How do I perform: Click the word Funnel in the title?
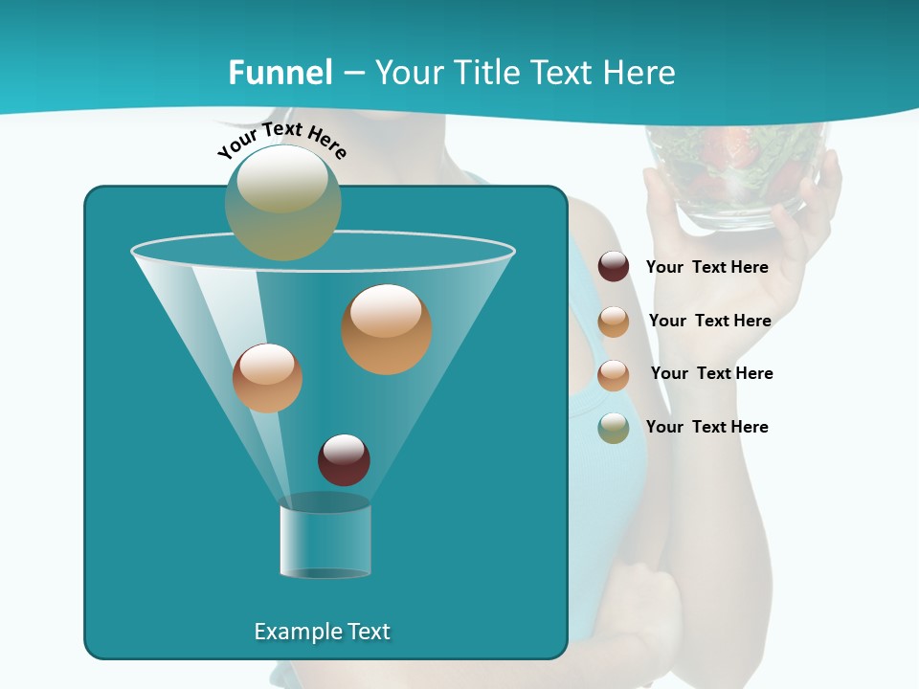click(280, 73)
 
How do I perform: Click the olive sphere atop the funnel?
click(283, 202)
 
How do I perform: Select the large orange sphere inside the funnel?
click(387, 329)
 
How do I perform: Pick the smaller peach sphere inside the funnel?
click(267, 378)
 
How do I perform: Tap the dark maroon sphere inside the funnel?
click(344, 459)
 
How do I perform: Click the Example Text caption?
click(322, 632)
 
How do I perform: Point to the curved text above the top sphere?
click(282, 140)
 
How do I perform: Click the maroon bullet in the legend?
click(614, 267)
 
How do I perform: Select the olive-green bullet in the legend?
click(614, 428)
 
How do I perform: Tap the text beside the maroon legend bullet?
click(706, 267)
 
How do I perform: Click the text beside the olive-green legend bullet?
click(706, 427)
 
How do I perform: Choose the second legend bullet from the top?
click(614, 322)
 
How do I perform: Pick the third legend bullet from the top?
click(614, 375)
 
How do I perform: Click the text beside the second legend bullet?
click(709, 321)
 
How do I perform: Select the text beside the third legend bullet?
click(711, 373)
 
